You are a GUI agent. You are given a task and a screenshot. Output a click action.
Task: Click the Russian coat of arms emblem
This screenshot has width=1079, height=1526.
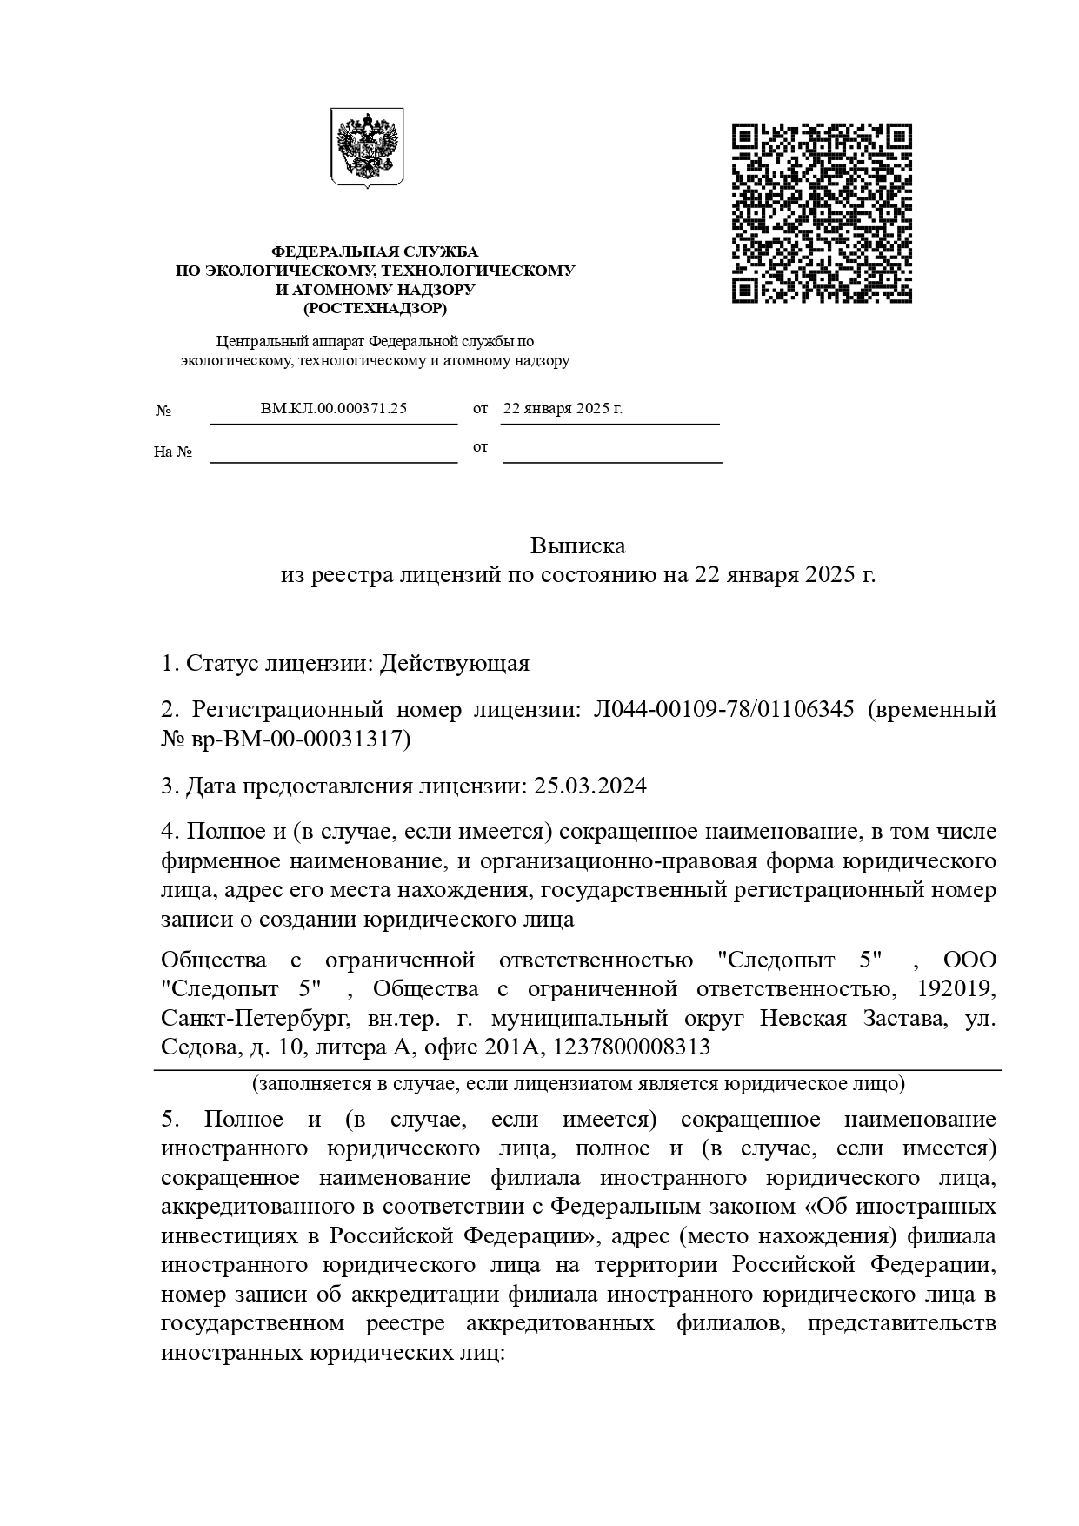[x=367, y=148]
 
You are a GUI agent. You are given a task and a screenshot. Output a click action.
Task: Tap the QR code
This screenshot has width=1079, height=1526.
[x=822, y=213]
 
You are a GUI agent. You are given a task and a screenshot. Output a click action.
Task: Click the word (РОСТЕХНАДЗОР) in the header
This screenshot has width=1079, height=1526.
[x=375, y=308]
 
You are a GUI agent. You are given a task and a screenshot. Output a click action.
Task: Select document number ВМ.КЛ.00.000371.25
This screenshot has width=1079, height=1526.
[x=334, y=408]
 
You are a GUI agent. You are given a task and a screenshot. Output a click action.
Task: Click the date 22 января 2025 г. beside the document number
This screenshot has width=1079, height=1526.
[x=563, y=408]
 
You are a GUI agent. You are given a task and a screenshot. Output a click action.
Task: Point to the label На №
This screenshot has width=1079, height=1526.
[x=172, y=452]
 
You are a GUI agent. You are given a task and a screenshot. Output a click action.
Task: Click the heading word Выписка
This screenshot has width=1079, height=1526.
[x=577, y=546]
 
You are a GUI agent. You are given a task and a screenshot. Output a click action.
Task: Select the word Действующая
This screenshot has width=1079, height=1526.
[x=455, y=664]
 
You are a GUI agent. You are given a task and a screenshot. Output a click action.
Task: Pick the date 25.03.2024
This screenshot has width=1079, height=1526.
[x=590, y=786]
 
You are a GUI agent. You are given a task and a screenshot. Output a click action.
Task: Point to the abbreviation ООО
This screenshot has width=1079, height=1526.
[x=969, y=960]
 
